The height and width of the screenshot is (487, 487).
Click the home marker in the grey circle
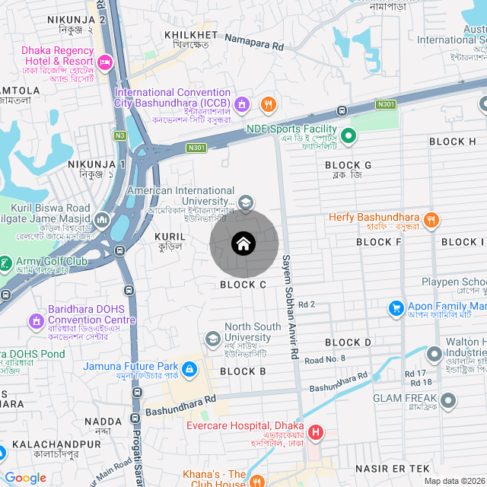(x=243, y=243)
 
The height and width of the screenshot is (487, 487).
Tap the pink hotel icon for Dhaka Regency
(x=105, y=59)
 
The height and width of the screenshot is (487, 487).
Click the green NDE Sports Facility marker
(x=349, y=137)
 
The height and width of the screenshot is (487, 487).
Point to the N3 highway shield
(x=119, y=135)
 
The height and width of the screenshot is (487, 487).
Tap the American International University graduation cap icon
(x=246, y=202)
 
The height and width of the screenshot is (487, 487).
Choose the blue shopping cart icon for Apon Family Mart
(x=396, y=308)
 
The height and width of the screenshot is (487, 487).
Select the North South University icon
(x=214, y=338)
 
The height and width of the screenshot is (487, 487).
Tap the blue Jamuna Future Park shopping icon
(x=189, y=371)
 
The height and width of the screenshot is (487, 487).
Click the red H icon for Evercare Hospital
(x=315, y=434)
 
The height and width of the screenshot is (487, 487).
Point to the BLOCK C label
(x=243, y=285)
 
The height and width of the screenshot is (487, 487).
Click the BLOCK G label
(x=348, y=165)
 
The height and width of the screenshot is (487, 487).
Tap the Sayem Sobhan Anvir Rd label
(x=288, y=307)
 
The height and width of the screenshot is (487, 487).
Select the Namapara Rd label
(x=254, y=46)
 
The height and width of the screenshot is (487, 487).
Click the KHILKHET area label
(x=196, y=35)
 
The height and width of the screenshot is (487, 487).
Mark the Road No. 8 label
(x=325, y=358)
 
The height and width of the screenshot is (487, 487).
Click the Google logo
(x=26, y=478)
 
